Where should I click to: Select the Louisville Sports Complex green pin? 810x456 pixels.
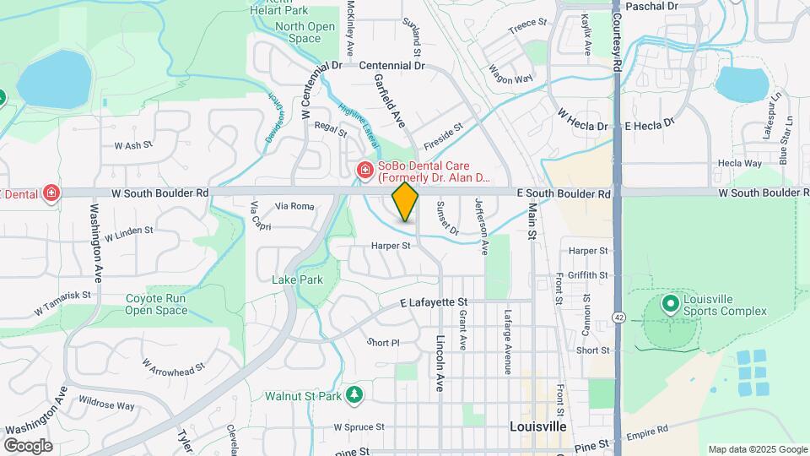click(671, 304)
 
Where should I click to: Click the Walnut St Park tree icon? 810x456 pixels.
click(355, 394)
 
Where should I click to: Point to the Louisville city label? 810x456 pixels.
click(538, 427)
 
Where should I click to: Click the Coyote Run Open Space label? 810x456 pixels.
click(156, 304)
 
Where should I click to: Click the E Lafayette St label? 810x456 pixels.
click(434, 301)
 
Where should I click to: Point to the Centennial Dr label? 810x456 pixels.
click(391, 65)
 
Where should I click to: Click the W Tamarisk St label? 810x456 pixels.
click(62, 303)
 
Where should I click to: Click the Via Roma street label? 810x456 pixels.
click(295, 206)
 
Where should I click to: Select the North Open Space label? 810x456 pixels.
click(305, 32)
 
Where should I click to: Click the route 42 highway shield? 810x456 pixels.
click(619, 317)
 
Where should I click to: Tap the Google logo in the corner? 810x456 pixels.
click(28, 445)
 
